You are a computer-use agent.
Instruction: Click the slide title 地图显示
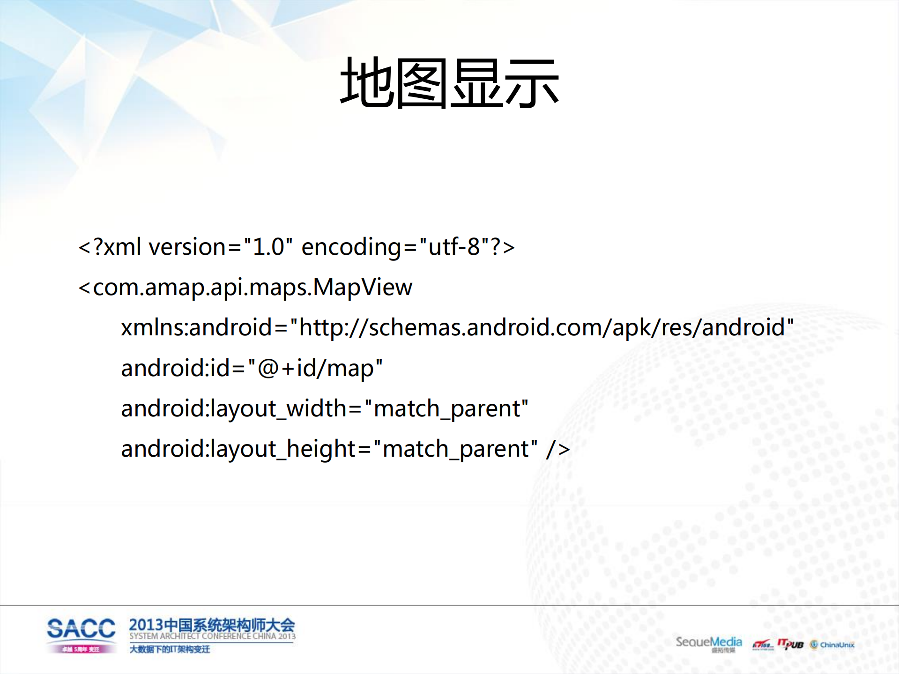point(449,83)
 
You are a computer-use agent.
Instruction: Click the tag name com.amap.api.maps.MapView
point(253,288)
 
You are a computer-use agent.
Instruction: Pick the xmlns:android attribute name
point(196,327)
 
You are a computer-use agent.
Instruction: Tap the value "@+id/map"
point(315,368)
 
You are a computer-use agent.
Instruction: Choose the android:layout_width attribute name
point(233,409)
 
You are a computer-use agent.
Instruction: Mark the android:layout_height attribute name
point(238,449)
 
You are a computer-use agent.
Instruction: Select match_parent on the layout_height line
point(456,449)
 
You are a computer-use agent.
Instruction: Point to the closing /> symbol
point(558,449)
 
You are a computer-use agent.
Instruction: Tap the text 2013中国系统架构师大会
point(212,625)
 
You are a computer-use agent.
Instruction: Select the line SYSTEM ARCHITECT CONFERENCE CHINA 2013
point(212,636)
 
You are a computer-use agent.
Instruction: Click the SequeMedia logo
point(708,643)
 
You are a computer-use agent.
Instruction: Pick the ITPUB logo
point(790,644)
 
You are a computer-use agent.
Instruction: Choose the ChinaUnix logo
point(832,645)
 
